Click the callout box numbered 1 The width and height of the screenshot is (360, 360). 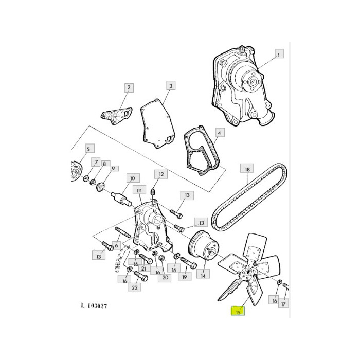279,55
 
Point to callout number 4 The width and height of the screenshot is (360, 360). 219,133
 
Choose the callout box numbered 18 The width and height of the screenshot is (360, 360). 247,169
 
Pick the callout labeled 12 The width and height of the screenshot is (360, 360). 161,175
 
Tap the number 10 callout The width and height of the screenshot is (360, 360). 132,178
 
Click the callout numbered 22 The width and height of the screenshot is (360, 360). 135,287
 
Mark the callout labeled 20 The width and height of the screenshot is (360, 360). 165,278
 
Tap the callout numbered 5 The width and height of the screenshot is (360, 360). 88,150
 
